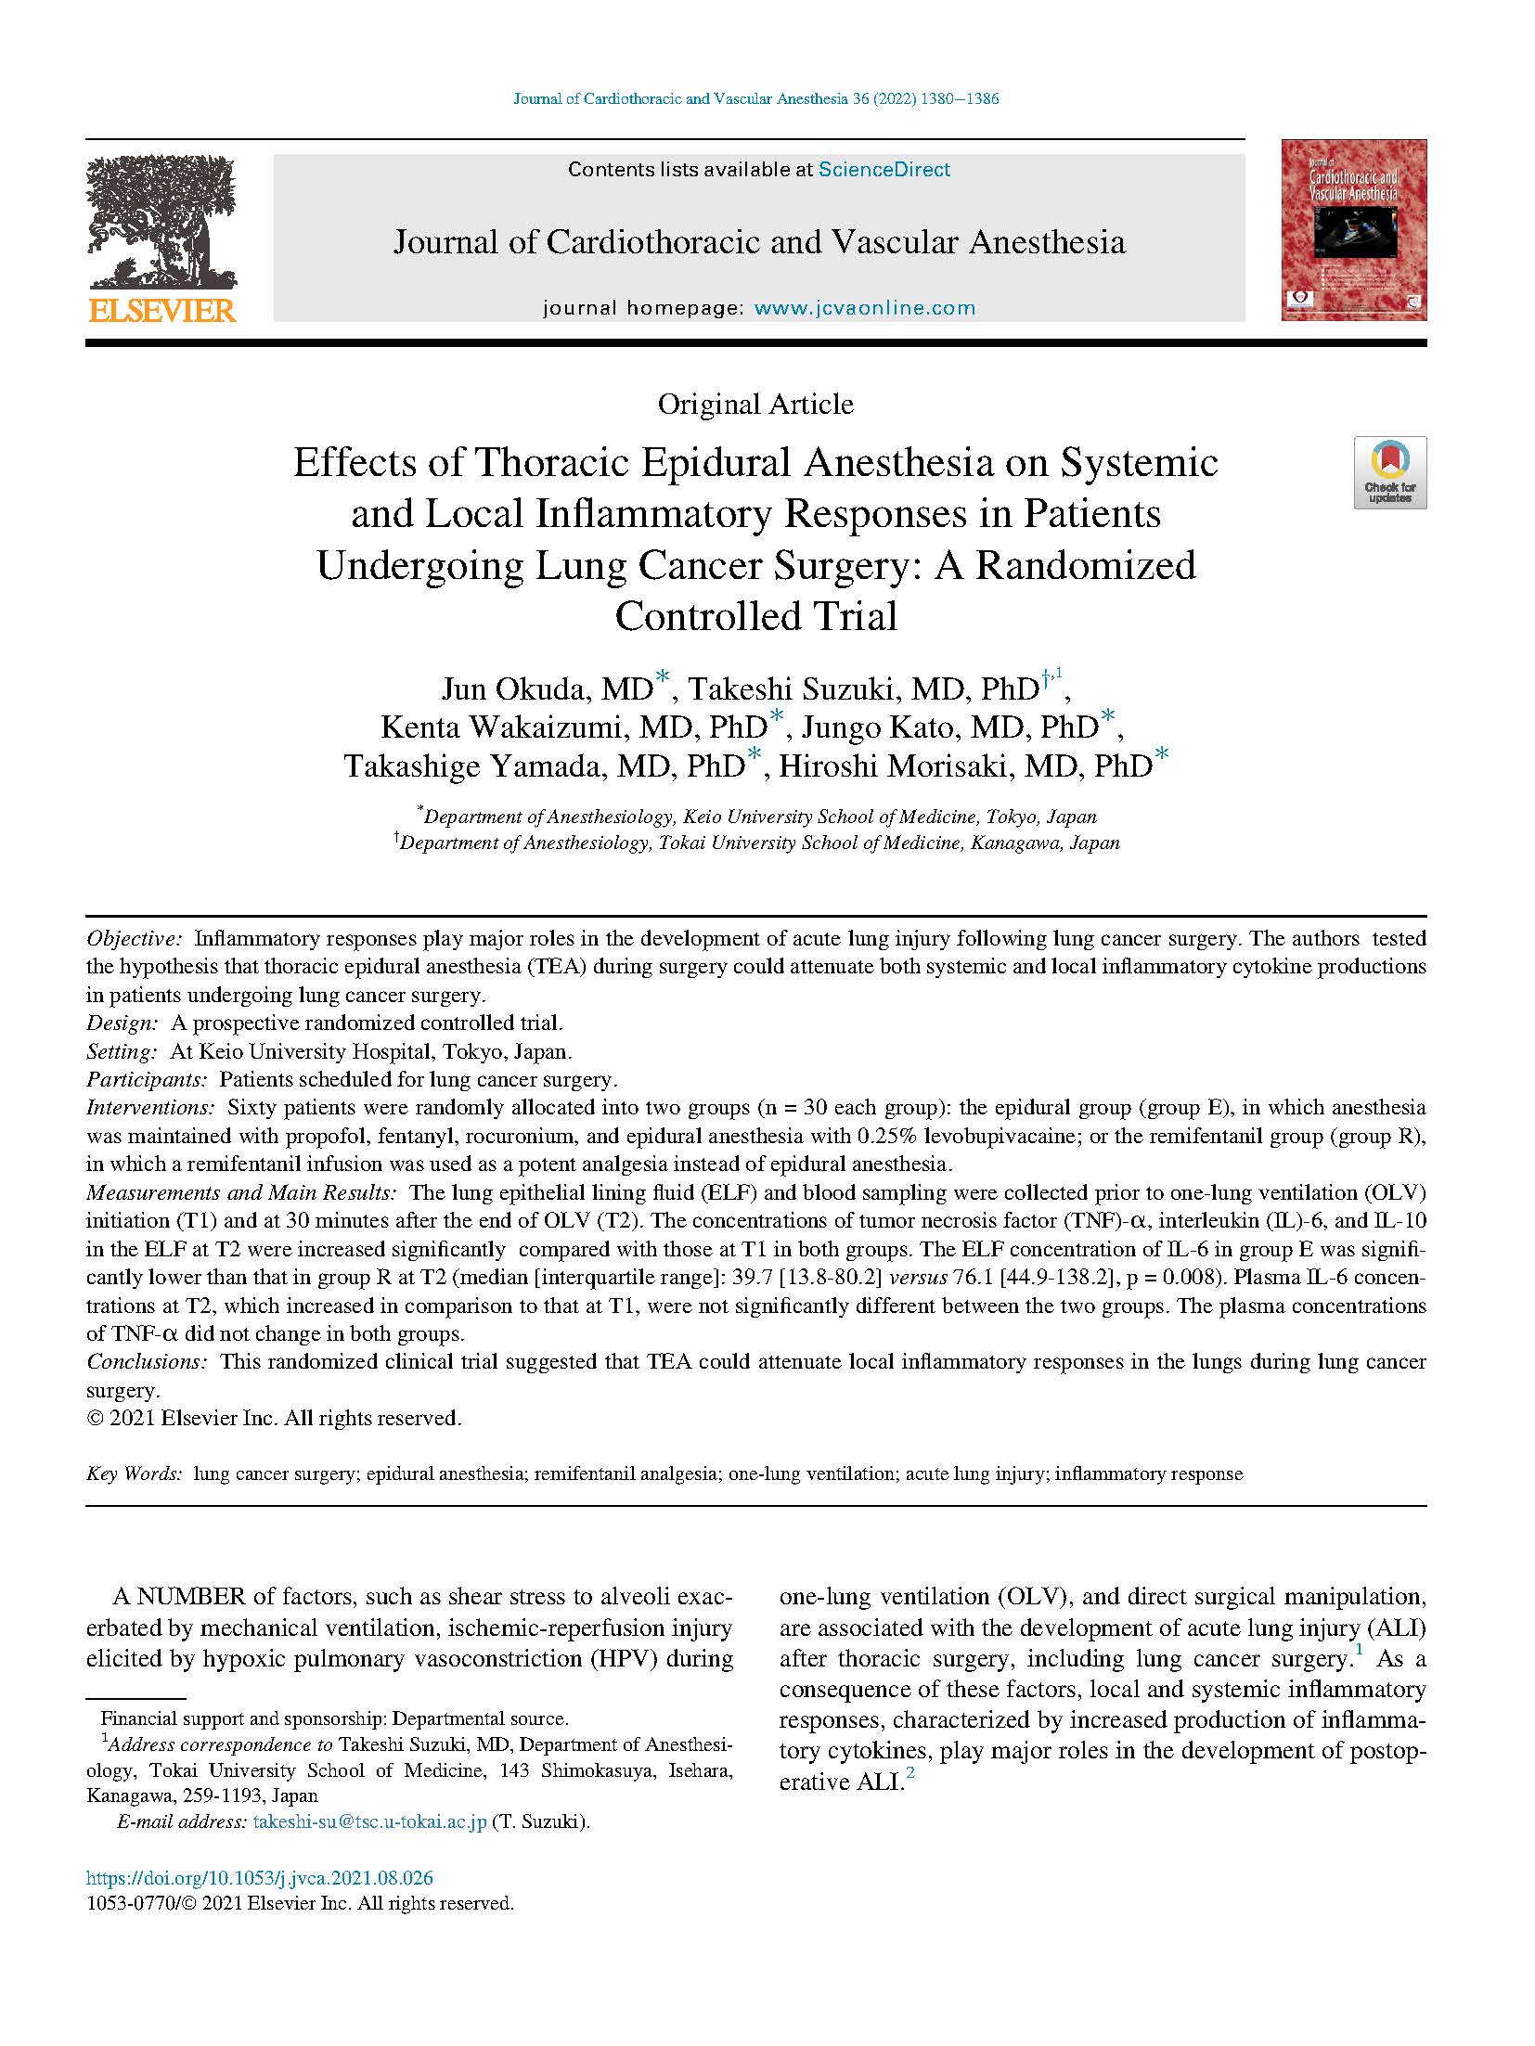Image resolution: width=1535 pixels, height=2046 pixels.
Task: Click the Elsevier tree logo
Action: [x=161, y=223]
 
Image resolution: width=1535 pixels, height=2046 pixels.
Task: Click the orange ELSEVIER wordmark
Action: [x=162, y=311]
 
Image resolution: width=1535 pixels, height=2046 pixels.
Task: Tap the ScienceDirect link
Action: [x=884, y=170]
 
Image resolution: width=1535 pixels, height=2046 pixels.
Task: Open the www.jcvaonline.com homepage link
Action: [x=865, y=308]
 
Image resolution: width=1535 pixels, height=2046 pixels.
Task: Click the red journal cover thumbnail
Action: [x=1353, y=230]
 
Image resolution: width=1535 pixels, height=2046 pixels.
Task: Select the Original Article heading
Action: [x=755, y=405]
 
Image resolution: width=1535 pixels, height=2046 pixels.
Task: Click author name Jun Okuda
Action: [x=520, y=688]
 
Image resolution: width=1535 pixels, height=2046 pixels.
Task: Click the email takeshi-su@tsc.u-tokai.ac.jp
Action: [x=369, y=1821]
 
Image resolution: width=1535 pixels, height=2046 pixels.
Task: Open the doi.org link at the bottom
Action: [x=259, y=1878]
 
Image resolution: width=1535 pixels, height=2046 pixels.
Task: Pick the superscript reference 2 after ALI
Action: [x=910, y=1774]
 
